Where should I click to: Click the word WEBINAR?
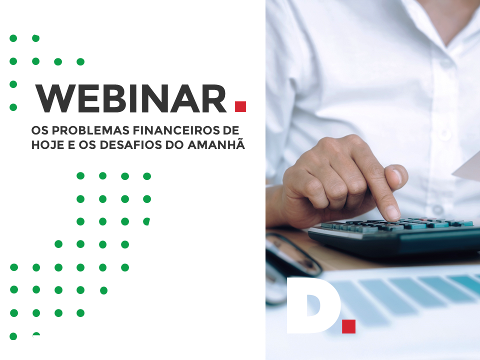[x=131, y=98]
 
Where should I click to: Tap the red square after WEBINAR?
[x=240, y=106]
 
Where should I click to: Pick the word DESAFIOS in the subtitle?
[x=131, y=145]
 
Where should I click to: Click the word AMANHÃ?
[x=216, y=144]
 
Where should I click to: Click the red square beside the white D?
[x=348, y=326]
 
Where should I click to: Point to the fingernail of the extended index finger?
[x=392, y=212]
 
